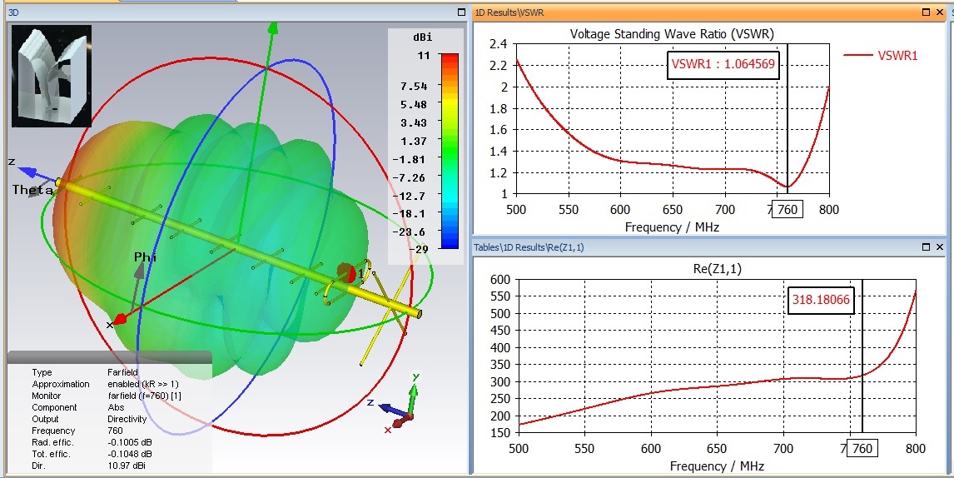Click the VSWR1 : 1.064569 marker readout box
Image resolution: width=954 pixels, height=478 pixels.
(x=723, y=65)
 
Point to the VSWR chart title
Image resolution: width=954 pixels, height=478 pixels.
(x=672, y=34)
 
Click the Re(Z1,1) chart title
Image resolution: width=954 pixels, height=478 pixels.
(x=716, y=268)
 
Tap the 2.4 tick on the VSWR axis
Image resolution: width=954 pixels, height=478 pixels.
(x=499, y=44)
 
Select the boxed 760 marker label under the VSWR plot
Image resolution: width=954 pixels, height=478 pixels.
(x=787, y=210)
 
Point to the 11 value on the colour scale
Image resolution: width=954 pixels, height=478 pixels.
(x=425, y=56)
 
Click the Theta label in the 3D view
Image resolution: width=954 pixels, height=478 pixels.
(x=32, y=191)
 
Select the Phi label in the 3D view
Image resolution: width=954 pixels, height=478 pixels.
(x=146, y=257)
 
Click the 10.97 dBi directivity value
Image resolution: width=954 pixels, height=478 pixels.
(x=126, y=466)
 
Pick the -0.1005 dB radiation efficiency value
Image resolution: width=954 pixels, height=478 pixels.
(x=130, y=442)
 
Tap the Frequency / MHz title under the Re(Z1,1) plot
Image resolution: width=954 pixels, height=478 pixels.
(x=716, y=466)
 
